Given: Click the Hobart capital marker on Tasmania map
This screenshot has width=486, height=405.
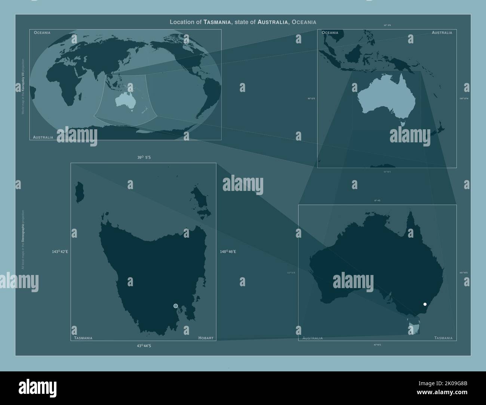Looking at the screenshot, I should (x=176, y=306).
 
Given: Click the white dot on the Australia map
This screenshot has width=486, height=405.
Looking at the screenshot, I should (x=425, y=304).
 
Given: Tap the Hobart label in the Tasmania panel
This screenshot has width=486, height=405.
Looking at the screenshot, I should (x=206, y=338).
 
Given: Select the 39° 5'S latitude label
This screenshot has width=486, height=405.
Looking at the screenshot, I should (x=144, y=158).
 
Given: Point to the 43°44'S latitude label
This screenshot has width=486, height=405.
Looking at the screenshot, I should (x=144, y=346).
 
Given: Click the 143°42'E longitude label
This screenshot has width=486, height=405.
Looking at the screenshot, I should (x=60, y=252).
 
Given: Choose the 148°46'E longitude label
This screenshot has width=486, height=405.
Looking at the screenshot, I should (x=228, y=252).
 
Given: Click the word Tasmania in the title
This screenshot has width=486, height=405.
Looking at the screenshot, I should (x=217, y=22).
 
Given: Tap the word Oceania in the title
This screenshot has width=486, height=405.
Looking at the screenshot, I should (x=304, y=22).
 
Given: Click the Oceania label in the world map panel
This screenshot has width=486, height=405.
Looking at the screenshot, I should (x=42, y=33).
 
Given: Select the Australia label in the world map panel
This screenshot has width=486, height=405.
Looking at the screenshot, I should (x=43, y=137).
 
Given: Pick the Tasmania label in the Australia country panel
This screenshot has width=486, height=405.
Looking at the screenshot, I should (x=443, y=338).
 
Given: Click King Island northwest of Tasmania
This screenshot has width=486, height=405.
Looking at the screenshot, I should (x=80, y=192).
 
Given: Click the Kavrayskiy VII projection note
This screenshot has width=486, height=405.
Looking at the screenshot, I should (x=23, y=86).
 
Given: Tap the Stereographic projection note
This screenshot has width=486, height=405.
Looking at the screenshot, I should (x=23, y=239).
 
